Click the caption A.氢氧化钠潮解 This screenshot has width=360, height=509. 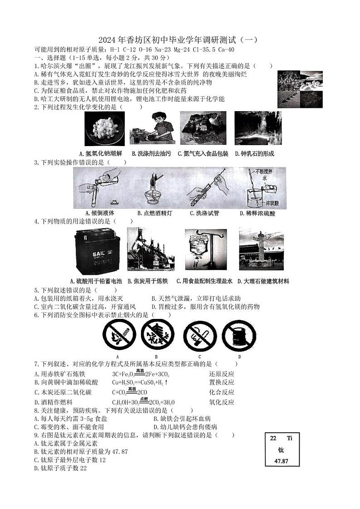point(100,154)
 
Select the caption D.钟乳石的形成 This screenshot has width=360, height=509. point(254,154)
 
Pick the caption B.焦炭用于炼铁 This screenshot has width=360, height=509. point(148,281)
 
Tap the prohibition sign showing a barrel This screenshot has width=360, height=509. point(239,336)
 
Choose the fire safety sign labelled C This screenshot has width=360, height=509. point(199,336)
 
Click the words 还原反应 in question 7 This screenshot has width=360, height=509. point(222,374)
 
